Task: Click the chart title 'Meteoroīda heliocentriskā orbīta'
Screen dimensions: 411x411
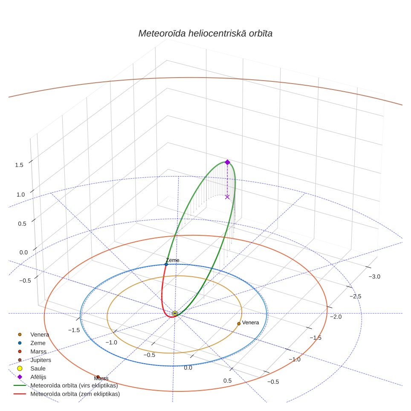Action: pyautogui.click(x=205, y=34)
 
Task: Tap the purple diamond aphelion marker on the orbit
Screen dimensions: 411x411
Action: pyautogui.click(x=227, y=162)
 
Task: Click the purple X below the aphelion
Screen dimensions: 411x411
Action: pyautogui.click(x=227, y=197)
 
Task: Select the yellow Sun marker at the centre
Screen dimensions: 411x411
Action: pyautogui.click(x=175, y=313)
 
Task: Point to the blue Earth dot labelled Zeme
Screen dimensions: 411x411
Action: pyautogui.click(x=166, y=264)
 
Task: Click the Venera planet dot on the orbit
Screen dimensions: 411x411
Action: pyautogui.click(x=239, y=324)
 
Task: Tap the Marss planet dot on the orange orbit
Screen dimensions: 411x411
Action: pyautogui.click(x=98, y=377)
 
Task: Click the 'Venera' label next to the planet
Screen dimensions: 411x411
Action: pyautogui.click(x=250, y=323)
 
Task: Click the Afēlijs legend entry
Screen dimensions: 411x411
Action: pyautogui.click(x=32, y=377)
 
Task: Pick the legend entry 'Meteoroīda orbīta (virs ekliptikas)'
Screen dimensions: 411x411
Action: pyautogui.click(x=66, y=385)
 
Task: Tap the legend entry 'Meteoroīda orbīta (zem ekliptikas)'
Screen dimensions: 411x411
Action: pyautogui.click(x=67, y=394)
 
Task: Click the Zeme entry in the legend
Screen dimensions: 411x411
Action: pyautogui.click(x=31, y=343)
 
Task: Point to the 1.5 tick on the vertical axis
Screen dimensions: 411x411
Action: pyautogui.click(x=19, y=165)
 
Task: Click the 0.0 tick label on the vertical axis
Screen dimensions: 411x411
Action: pyautogui.click(x=23, y=252)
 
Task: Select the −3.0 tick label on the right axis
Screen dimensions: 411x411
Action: pyautogui.click(x=374, y=277)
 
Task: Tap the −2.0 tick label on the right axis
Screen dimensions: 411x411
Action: pyautogui.click(x=336, y=317)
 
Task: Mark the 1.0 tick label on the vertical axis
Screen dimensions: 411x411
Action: pyautogui.click(x=21, y=195)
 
